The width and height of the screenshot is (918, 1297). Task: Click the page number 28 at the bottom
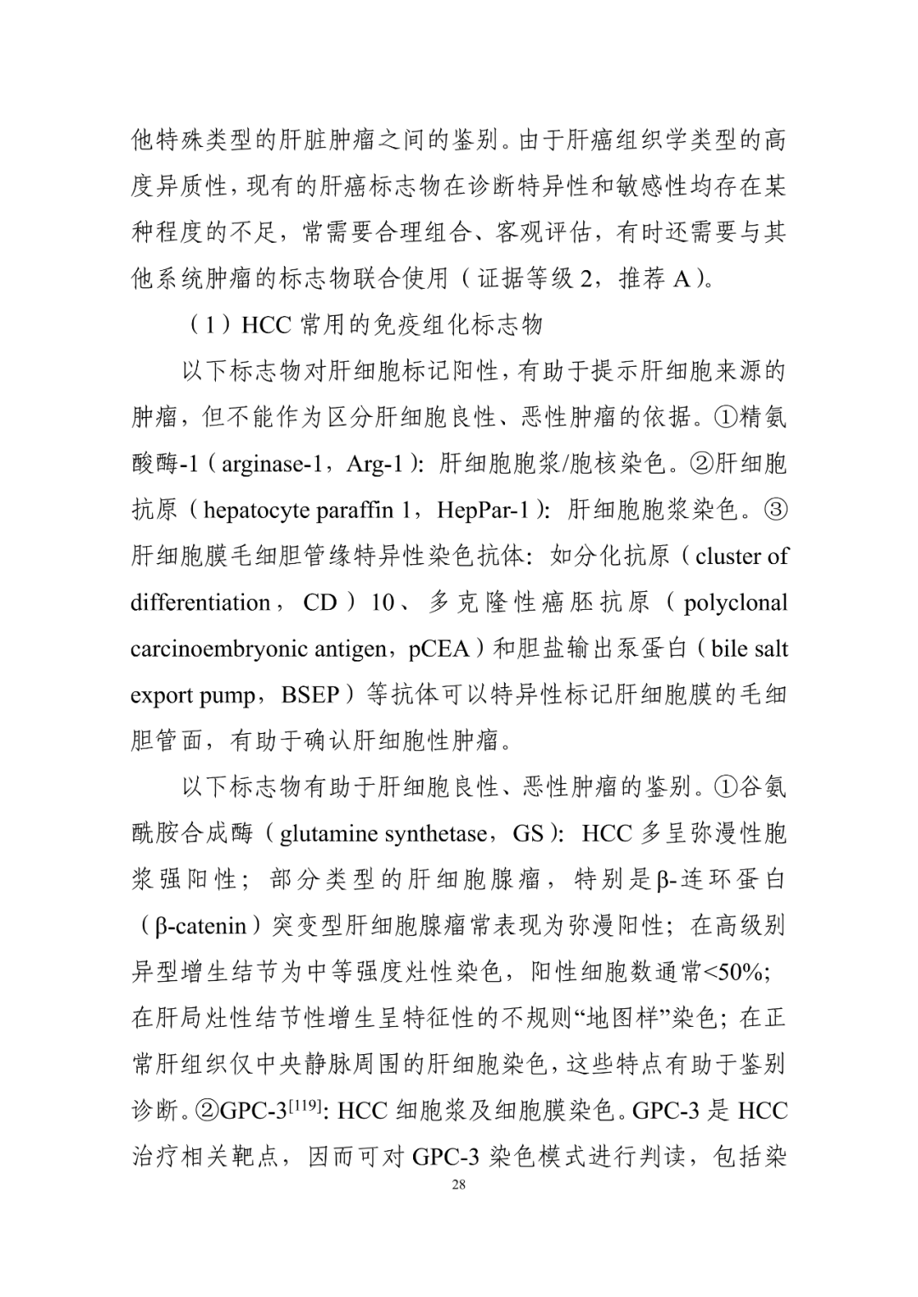coord(459,1186)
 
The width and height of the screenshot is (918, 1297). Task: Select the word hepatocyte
coord(257,510)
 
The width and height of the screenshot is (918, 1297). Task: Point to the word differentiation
coord(201,602)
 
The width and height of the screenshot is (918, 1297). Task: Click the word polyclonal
coord(735,602)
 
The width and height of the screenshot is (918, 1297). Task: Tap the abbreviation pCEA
coord(439,649)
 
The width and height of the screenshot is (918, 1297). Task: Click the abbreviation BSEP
coord(310,695)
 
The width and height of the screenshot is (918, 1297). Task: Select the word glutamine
coord(328,833)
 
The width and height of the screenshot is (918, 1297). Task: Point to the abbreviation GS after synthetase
coord(528,833)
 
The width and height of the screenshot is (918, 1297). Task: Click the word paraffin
coord(354,510)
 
